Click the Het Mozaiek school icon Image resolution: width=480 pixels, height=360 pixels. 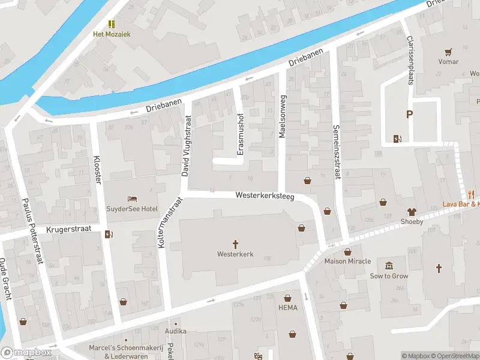tap(111, 23)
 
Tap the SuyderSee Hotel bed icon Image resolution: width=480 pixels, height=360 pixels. tap(133, 199)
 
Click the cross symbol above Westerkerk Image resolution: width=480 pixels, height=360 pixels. tap(235, 244)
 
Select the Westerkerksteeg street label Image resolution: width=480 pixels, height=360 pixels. tap(265, 196)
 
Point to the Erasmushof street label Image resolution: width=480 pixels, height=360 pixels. tap(241, 134)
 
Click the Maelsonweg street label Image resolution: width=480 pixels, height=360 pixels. tap(282, 115)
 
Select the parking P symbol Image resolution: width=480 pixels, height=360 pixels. tap(410, 115)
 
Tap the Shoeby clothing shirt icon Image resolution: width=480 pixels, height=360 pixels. tap(412, 211)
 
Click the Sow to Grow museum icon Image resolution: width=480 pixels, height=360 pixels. tap(389, 266)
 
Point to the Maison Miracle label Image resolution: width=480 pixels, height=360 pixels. tap(347, 262)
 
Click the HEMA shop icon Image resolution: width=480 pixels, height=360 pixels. tap(288, 298)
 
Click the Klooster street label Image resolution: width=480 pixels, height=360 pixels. tap(97, 170)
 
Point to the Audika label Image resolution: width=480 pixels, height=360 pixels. tap(175, 331)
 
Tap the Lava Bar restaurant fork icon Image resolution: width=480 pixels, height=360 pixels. tap(472, 194)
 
